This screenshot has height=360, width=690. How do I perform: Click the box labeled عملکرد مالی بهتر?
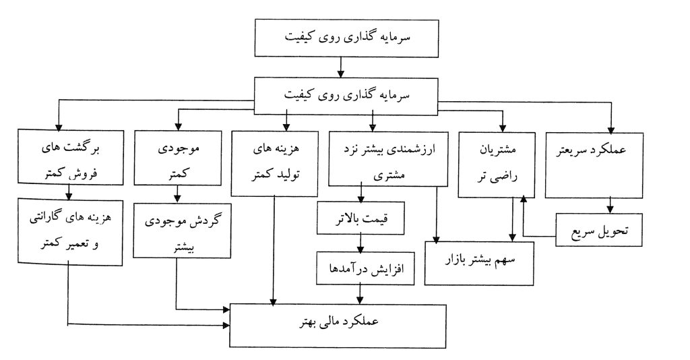click(338, 325)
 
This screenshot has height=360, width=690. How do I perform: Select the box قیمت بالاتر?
click(360, 218)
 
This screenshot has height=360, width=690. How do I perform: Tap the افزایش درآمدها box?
click(365, 268)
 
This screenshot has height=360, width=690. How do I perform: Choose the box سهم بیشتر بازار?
click(479, 263)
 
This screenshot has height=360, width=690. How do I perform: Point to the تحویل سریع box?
click(599, 229)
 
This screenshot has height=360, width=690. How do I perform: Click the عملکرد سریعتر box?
click(594, 165)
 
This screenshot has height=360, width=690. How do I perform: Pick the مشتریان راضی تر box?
click(497, 164)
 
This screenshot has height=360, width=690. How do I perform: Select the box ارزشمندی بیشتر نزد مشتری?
click(388, 159)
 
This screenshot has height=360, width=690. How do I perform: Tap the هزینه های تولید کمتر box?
click(275, 163)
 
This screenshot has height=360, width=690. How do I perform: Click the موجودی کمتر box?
click(178, 158)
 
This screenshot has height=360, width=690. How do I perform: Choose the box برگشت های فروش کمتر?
click(71, 156)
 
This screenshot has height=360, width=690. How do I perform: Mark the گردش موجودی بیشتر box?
click(182, 230)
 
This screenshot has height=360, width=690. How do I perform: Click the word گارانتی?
click(46, 218)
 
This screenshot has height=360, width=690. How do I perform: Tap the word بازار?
click(456, 260)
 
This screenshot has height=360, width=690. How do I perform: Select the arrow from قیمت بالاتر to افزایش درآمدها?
click(361, 243)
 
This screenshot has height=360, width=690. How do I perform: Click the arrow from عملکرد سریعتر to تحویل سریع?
click(610, 206)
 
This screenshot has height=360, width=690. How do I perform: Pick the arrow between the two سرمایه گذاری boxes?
click(340, 68)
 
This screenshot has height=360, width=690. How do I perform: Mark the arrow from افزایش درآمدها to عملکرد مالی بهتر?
click(360, 295)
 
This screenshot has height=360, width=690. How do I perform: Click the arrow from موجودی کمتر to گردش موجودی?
click(177, 194)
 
